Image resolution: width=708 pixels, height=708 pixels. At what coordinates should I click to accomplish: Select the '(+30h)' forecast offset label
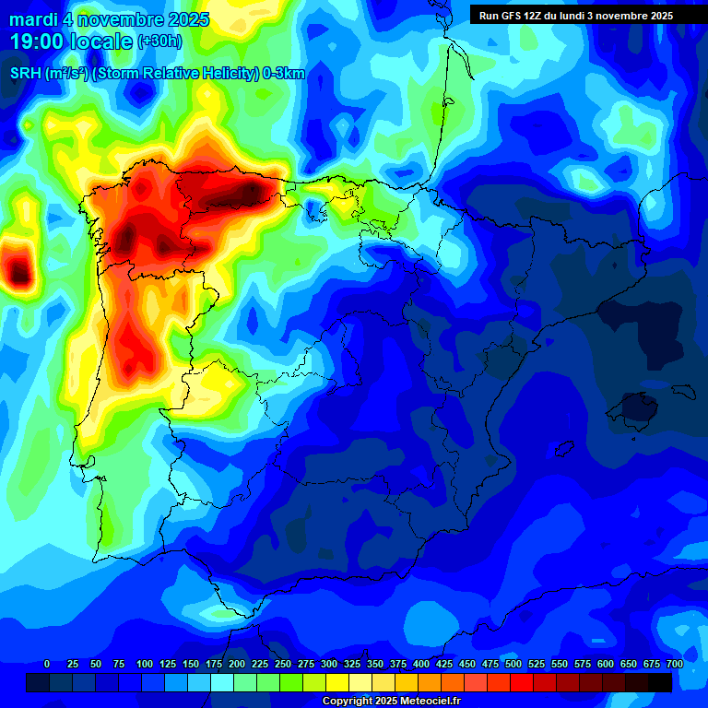click(x=159, y=41)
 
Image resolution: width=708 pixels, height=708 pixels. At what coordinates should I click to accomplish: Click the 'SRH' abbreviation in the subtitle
click(x=25, y=74)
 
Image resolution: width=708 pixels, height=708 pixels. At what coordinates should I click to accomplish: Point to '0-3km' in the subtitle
click(x=285, y=74)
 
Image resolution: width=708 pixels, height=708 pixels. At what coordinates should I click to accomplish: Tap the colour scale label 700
click(x=674, y=664)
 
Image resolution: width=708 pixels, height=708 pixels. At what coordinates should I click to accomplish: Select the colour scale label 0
click(x=47, y=664)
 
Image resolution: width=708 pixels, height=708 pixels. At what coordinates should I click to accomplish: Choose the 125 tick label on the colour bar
click(x=168, y=664)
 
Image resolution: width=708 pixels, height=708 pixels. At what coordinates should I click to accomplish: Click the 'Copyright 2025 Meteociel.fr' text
click(x=390, y=701)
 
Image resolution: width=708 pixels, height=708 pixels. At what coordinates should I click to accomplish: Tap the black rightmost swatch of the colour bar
click(x=660, y=682)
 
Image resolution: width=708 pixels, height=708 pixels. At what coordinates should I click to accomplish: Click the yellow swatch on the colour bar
click(x=337, y=682)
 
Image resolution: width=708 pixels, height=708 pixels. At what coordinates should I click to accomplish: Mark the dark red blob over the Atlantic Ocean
click(x=18, y=270)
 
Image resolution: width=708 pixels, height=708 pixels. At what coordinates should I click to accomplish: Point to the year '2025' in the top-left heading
click(x=187, y=19)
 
